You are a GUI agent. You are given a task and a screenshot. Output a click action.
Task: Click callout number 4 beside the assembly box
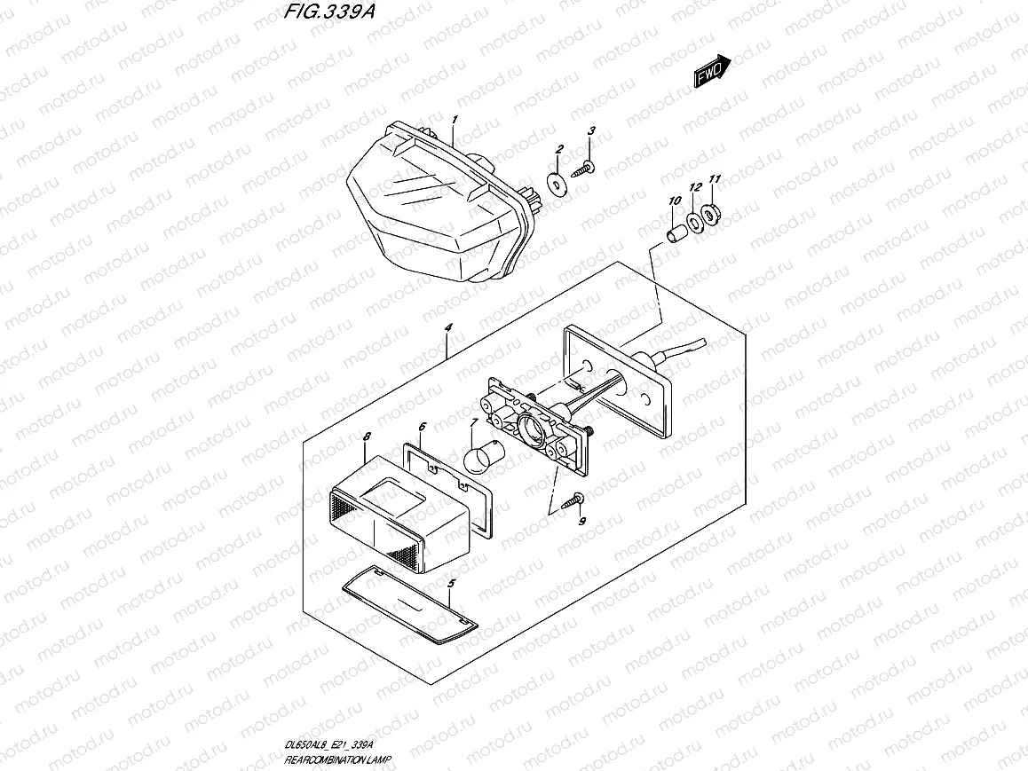pyautogui.click(x=449, y=327)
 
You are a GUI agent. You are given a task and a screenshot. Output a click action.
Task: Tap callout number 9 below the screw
pyautogui.click(x=582, y=522)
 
